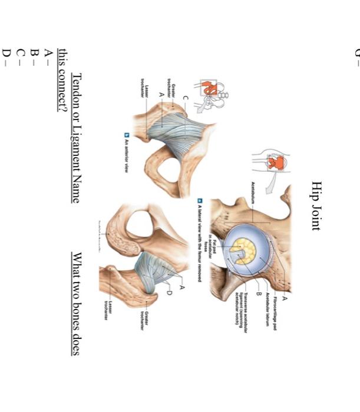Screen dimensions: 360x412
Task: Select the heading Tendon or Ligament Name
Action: (x=75, y=137)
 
